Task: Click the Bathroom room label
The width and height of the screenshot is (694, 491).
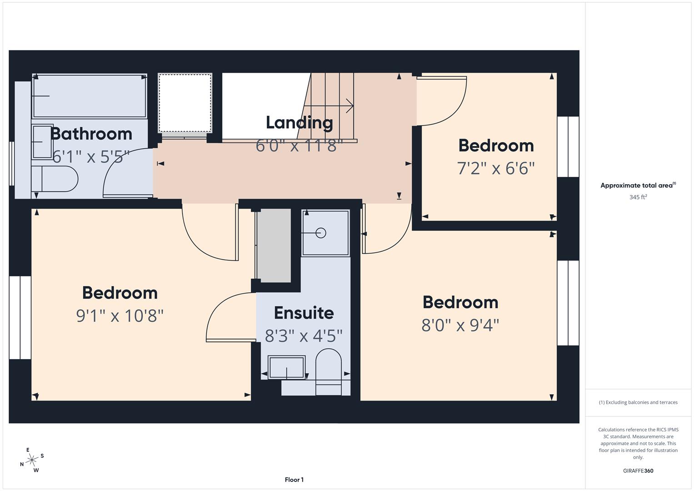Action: coord(91,134)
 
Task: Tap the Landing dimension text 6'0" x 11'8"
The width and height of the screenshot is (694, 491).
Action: coord(299,146)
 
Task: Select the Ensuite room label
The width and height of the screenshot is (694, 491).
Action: coord(304,313)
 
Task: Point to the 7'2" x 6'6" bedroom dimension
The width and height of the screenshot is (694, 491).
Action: coord(496,169)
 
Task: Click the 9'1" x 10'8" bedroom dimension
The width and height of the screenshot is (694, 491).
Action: coord(120,316)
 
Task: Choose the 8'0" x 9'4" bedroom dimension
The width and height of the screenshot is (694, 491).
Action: coord(460,326)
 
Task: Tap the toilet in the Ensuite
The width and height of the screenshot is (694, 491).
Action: coord(328,366)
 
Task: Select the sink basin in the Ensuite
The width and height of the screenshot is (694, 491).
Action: coord(286,367)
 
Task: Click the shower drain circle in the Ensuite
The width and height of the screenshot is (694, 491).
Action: coord(321,233)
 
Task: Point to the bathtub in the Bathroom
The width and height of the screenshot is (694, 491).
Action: coord(90,96)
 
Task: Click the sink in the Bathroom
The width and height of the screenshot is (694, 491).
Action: coord(43,141)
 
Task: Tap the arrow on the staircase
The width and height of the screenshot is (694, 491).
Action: coord(349,106)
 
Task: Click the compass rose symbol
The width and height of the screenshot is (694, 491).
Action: coord(32,460)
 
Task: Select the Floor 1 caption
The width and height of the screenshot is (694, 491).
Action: coord(294,480)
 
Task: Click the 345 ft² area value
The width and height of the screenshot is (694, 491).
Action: coord(638,197)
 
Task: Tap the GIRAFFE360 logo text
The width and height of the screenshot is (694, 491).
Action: coord(638,471)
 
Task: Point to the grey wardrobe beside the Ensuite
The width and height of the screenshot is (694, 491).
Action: coord(273,245)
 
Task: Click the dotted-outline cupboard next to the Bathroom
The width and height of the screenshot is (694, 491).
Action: coord(185,103)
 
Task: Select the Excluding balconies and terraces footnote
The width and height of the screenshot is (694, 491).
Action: coord(638,402)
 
